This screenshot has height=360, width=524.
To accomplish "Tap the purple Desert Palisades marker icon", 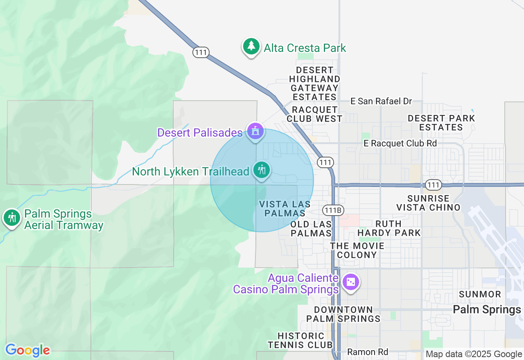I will coord(255,132).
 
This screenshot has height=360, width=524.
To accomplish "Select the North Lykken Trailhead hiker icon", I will coord(262,170).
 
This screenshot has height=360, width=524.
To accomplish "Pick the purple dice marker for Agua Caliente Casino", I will coord(351,283).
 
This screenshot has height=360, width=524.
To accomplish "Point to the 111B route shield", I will coord(332,210).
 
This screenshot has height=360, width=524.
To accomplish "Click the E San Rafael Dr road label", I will coord(381,101).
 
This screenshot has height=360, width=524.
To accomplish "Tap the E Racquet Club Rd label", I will coord(400,143).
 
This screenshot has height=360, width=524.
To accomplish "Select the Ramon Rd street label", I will coord(367,352).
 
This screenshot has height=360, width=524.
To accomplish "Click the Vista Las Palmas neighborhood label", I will coord(285,209).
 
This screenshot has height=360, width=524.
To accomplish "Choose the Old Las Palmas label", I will coord(311,229).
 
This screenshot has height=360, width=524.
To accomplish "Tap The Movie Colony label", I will coord(357,250).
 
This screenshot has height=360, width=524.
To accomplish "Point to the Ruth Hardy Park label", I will coord(389,228).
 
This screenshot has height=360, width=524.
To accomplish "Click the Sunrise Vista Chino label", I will coord(428,203).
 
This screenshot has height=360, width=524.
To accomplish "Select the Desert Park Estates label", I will coord(441,123).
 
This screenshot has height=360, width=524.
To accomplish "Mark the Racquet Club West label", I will coord(314,114).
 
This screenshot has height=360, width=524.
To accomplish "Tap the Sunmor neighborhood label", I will coord(480,294).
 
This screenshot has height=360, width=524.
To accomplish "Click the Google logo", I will coord(27,350).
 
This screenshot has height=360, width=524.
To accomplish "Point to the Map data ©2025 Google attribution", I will coord(474,354).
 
